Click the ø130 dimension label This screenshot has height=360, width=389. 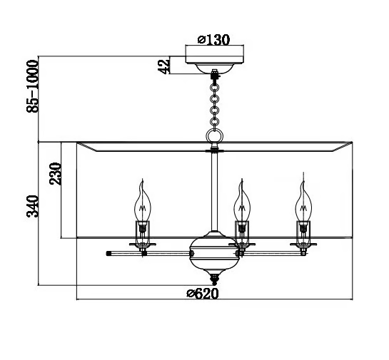coord(213,40)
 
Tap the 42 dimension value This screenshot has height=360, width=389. coord(164,65)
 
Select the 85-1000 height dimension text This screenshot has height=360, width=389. coord(33,86)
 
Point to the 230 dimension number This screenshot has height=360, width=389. coord(55,174)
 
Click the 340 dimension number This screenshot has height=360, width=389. coord(33,207)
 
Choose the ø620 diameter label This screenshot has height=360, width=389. coord(203,294)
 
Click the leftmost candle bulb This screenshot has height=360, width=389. coord(143,201)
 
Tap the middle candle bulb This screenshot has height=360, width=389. coord(242,201)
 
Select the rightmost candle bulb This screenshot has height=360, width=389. coord(303,200)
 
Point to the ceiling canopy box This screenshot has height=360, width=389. coord(215,54)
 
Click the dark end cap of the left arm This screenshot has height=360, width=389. coord(108,254)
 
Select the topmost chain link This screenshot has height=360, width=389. coord(214,87)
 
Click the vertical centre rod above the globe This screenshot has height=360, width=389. coord(215,192)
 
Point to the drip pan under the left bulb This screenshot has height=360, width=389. coord(143,245)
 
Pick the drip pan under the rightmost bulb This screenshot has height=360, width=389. coord(303,245)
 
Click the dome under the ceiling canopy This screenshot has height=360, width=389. coord(215,68)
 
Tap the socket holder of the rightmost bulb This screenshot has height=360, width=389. coord(303,232)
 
